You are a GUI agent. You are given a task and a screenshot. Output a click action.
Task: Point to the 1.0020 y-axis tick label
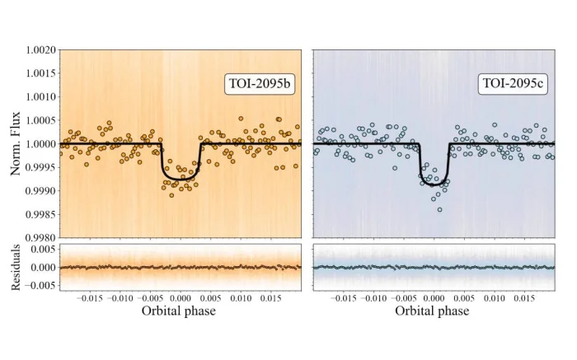[40, 50]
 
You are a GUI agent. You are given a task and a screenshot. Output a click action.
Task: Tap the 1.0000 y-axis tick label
[40, 144]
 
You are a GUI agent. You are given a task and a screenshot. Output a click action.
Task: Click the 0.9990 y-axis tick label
[40, 190]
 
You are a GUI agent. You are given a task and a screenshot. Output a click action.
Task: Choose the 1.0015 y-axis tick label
[40, 73]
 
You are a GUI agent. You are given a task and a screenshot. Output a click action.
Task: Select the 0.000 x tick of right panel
[434, 298]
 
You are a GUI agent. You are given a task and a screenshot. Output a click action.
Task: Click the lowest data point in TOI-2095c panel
[439, 209]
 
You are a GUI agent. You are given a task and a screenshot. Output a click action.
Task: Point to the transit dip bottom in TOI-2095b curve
[181, 178]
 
